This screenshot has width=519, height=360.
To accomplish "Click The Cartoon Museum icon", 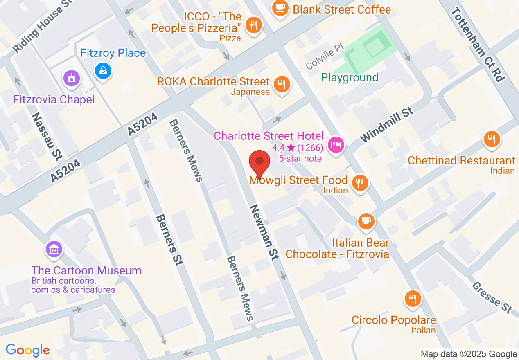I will tap(54, 249).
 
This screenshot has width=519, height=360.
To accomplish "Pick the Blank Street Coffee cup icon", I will tap(280, 8).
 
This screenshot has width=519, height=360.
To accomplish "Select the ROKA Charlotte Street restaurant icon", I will tap(281, 85).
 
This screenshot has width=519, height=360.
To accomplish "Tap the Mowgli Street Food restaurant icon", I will tap(360, 182).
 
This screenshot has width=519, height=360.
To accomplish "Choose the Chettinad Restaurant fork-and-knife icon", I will tap(491, 139).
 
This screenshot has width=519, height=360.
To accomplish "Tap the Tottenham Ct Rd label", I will tap(477, 44).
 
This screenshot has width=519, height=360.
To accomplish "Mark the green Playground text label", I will tap(350, 77).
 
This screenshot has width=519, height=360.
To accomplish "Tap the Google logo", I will tap(27, 350).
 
